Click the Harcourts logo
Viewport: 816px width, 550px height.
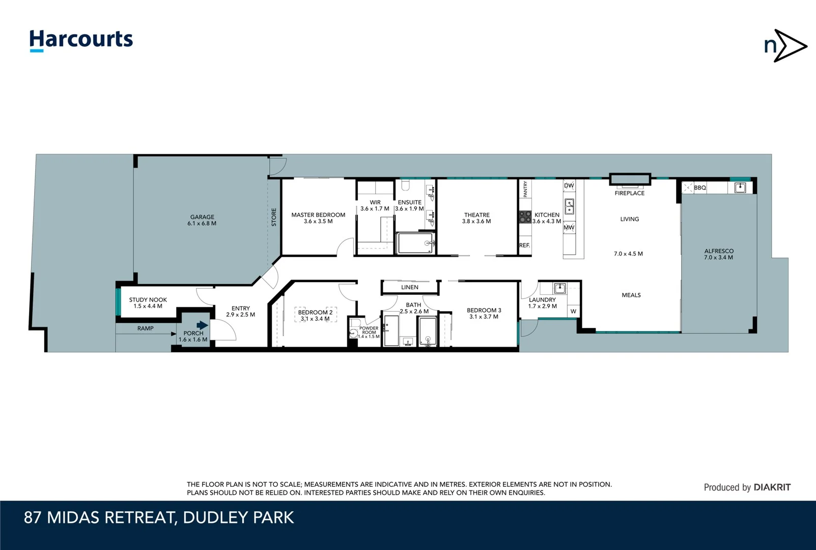tap(81, 40)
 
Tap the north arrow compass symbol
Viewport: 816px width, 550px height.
tap(785, 46)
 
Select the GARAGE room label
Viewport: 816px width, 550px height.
tap(202, 217)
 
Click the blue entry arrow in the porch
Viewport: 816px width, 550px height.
tap(202, 325)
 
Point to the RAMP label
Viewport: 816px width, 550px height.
tap(145, 328)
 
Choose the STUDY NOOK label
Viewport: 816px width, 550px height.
tap(148, 300)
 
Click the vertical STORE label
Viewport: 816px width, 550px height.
tap(274, 217)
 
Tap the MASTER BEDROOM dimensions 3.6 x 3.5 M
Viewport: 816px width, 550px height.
tap(318, 222)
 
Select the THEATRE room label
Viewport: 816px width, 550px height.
tap(476, 215)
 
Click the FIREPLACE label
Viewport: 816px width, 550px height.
tap(629, 193)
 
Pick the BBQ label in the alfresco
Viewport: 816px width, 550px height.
tap(700, 187)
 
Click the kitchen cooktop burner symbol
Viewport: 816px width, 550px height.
tap(525, 217)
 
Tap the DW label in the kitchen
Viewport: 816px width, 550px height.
tap(569, 185)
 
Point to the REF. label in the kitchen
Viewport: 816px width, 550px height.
tap(524, 245)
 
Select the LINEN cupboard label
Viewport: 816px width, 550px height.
tap(410, 287)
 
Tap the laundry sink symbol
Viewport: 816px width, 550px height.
tap(559, 289)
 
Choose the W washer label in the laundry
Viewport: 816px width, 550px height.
tap(573, 311)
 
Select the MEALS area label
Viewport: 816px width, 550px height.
tap(631, 295)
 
